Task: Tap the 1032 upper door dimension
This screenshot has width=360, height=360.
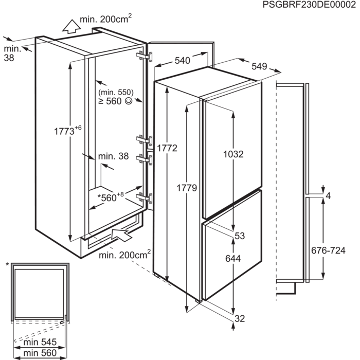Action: [x=233, y=153]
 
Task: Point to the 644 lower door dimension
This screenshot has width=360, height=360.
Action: [x=233, y=259]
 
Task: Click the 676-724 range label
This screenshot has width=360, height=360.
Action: [x=329, y=250]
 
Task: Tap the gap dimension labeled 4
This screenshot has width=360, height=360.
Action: [x=329, y=195]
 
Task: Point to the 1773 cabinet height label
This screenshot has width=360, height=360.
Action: [x=67, y=131]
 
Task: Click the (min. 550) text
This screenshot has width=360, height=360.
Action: [x=115, y=92]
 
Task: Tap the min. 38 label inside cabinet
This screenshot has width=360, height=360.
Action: [x=113, y=156]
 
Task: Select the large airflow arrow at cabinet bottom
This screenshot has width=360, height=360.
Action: [x=120, y=236]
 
